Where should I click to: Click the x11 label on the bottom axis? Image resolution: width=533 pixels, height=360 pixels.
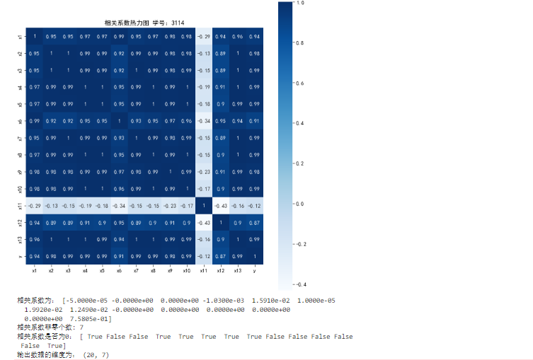(203, 270)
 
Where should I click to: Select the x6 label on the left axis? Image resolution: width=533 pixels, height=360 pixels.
(18, 121)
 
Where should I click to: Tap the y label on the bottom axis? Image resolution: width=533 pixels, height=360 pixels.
(254, 270)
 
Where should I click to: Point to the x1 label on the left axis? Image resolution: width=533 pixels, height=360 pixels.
(18, 36)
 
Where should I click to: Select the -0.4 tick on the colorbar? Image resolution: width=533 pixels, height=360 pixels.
(300, 284)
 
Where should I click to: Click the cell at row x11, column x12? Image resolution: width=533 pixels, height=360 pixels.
(220, 206)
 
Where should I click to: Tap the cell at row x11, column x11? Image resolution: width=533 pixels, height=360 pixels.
(203, 206)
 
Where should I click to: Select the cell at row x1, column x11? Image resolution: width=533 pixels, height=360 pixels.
(203, 36)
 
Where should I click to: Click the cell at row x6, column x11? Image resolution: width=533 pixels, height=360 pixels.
(203, 121)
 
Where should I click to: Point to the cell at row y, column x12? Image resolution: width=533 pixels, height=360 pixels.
(220, 256)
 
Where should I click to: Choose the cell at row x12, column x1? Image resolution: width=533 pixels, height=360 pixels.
(34, 223)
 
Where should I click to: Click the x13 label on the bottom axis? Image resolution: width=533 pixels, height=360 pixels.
(237, 270)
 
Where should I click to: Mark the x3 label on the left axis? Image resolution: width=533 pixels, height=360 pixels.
(18, 70)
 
